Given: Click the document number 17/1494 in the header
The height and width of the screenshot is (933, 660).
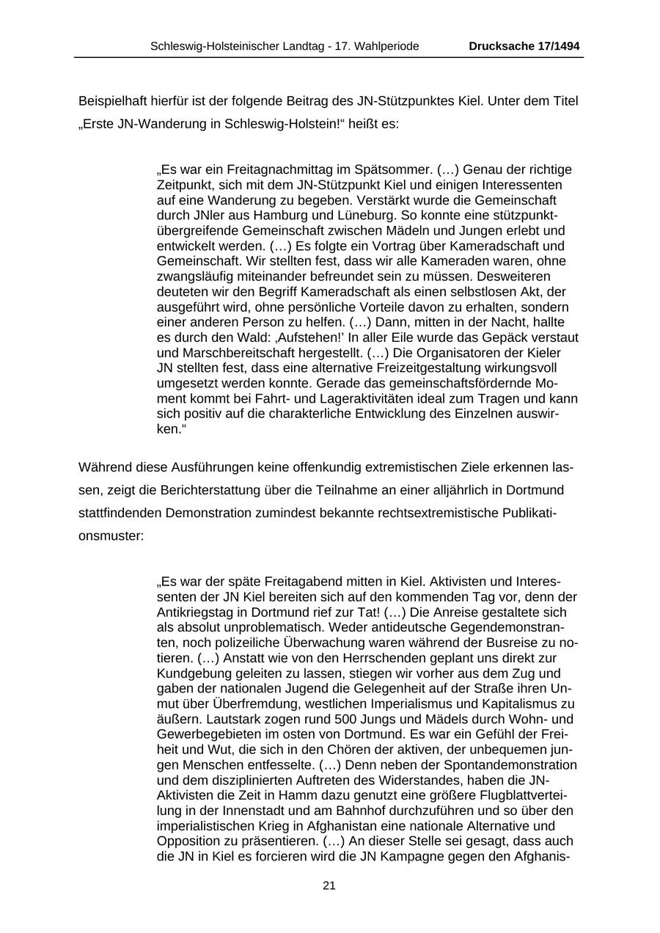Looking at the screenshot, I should [556, 46].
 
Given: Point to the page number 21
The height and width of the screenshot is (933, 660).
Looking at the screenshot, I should [329, 885].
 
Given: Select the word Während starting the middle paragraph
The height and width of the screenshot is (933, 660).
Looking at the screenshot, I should [103, 467].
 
